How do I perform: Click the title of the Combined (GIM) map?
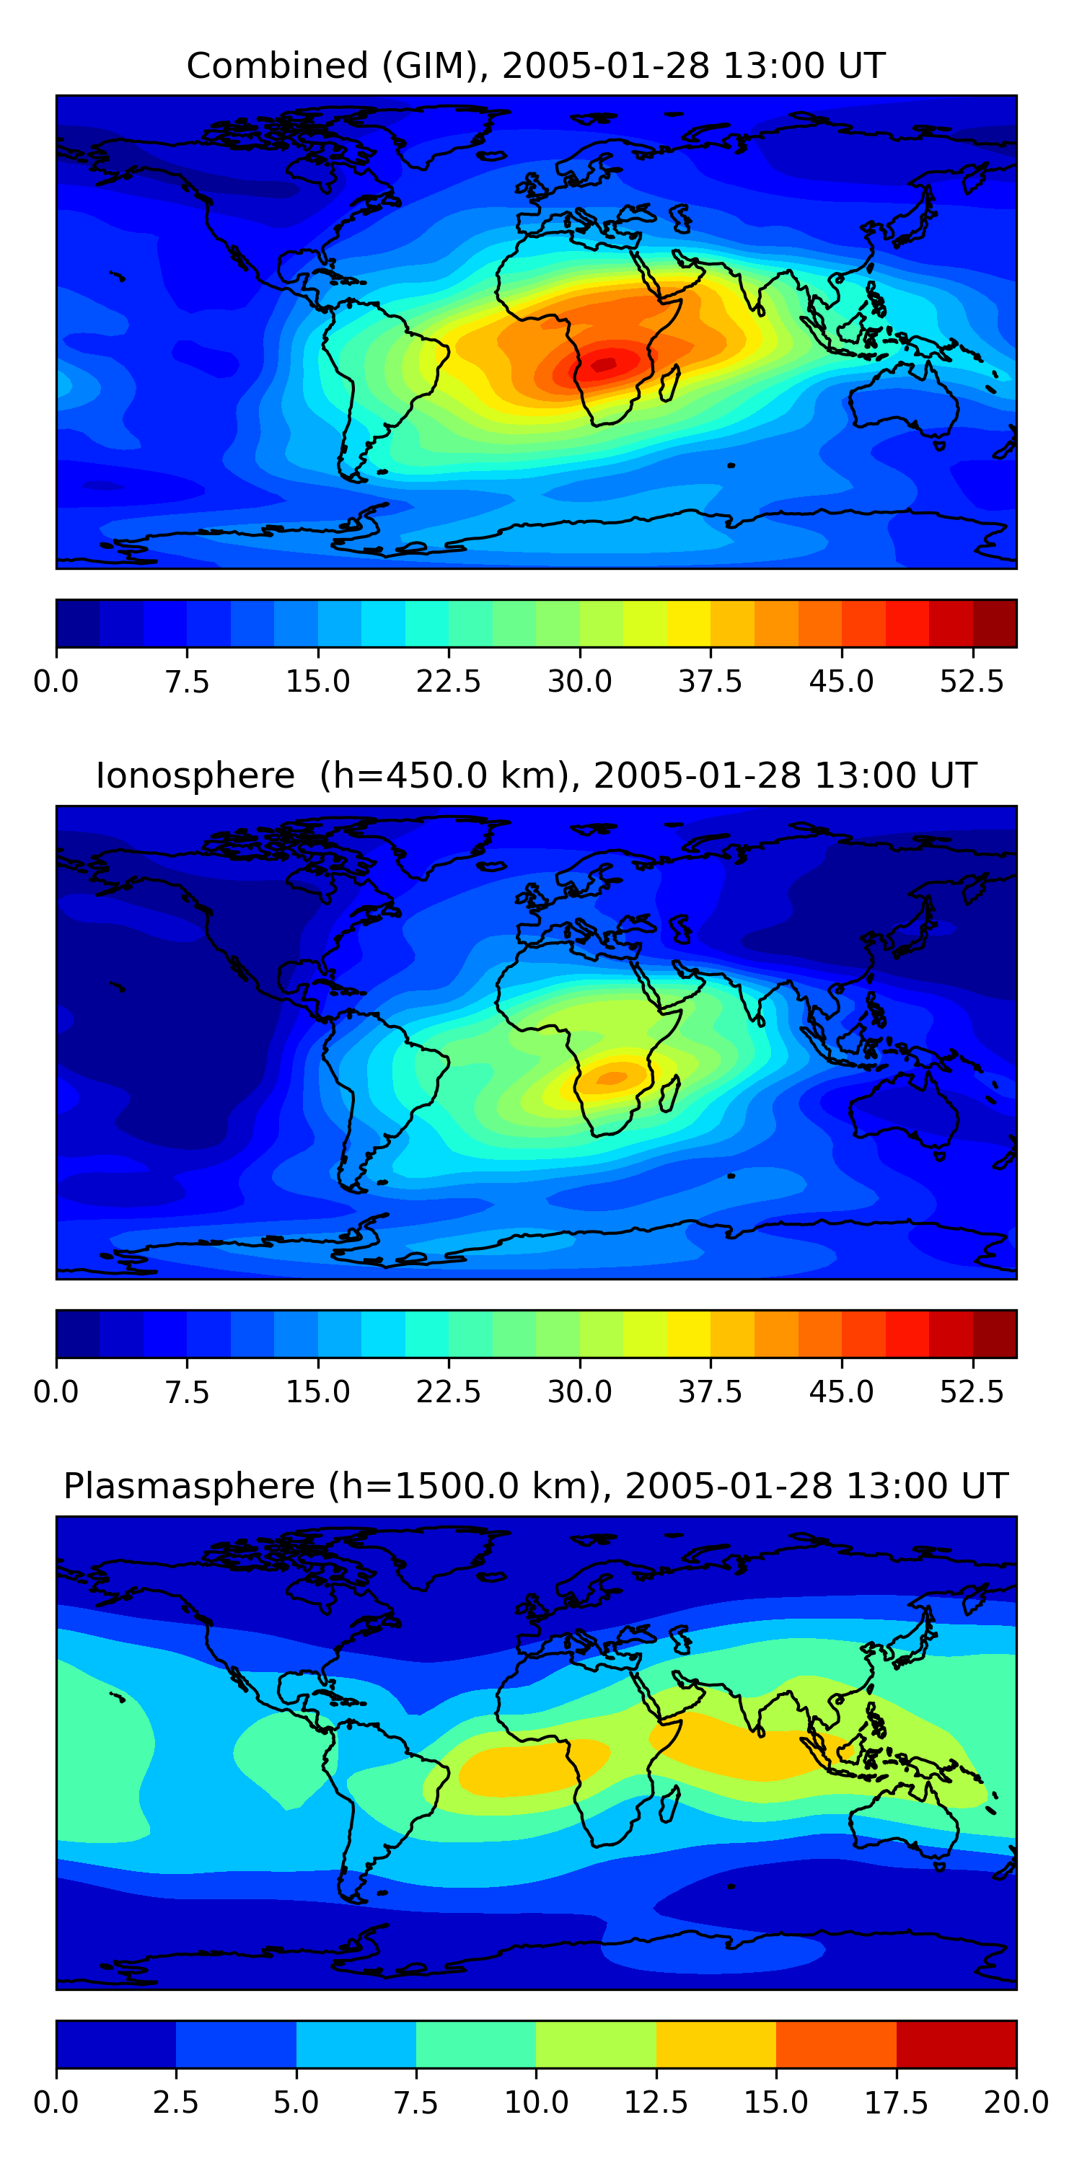pos(536,66)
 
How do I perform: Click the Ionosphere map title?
pos(536,775)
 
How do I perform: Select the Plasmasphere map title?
pos(536,1486)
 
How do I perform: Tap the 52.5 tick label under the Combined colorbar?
pos(972,681)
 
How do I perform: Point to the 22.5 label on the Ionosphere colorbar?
pos(449,1392)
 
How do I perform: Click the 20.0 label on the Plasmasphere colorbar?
pos(1016,2103)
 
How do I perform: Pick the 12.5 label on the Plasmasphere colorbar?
pos(656,2103)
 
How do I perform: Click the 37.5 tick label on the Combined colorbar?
pos(711,681)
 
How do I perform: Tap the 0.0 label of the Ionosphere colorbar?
pos(56,1392)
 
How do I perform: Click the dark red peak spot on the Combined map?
pos(605,363)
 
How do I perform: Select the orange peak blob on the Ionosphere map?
pos(612,1078)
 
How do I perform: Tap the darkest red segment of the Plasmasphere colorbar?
pos(956,2044)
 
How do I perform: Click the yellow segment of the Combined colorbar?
pos(689,623)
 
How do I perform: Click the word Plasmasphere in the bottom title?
pos(189,1486)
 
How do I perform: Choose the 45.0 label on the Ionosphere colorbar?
pos(842,1392)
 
